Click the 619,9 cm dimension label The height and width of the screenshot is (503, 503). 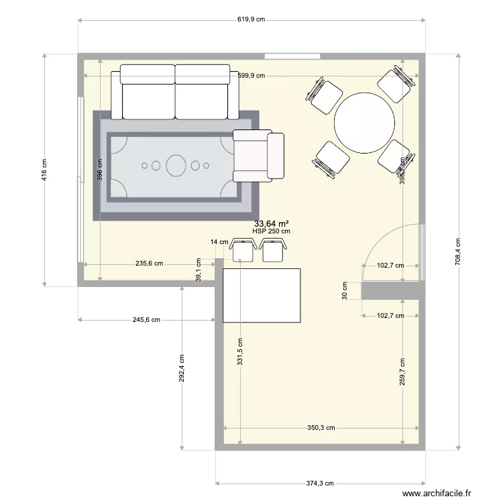click(x=251, y=20)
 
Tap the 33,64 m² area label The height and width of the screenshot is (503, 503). click(x=271, y=224)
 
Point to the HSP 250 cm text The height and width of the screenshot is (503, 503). click(x=271, y=232)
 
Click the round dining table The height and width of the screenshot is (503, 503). click(x=364, y=123)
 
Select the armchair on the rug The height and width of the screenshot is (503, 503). click(x=258, y=156)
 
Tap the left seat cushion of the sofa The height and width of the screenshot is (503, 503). click(x=148, y=92)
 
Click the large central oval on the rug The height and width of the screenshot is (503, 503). click(x=176, y=165)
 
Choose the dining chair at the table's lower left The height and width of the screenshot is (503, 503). click(x=331, y=160)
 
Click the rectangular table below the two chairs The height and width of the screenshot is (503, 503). click(x=262, y=295)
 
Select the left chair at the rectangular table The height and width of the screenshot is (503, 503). click(x=241, y=250)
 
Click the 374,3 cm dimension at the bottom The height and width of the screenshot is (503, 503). click(x=319, y=483)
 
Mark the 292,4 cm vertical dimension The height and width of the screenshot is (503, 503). click(x=182, y=368)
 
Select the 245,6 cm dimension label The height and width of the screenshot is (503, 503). click(x=146, y=320)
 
